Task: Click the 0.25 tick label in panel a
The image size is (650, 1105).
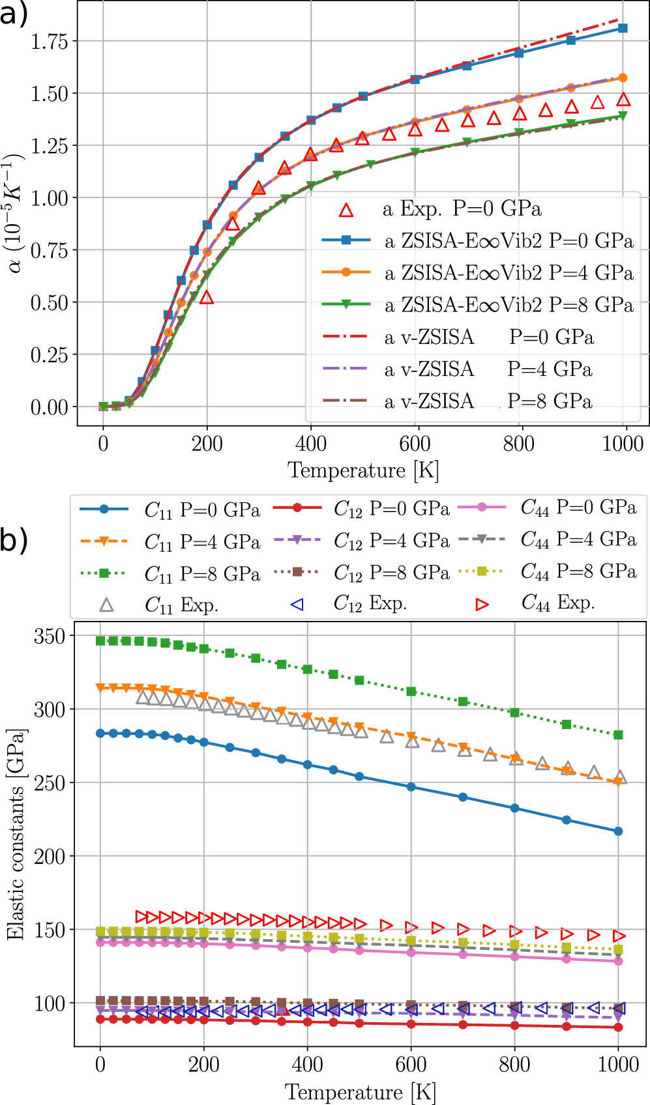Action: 50,355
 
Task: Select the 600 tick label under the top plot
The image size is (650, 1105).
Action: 415,444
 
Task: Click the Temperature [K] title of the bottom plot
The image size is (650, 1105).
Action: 361,1092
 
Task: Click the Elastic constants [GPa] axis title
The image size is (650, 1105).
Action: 16,834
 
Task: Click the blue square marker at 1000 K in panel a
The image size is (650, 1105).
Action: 623,29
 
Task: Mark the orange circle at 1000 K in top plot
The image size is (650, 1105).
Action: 623,78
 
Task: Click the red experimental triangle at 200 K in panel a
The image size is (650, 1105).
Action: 207,298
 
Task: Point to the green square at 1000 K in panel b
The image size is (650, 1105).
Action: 619,735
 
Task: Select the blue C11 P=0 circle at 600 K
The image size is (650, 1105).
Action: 411,787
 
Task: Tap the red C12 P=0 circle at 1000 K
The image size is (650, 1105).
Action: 619,1027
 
